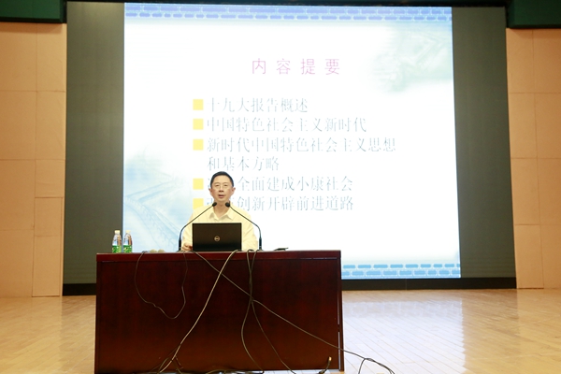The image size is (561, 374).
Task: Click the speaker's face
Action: coord(222,188)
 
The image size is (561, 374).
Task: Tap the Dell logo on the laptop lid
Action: coord(217,237)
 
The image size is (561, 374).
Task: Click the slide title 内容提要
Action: coord(295,66)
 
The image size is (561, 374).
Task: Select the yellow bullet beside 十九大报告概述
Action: coord(198,105)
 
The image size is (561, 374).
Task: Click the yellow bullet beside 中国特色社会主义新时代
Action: coord(198,124)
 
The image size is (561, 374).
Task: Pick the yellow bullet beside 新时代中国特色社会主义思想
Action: coord(198,145)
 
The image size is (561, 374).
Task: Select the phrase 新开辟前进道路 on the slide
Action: coord(304,203)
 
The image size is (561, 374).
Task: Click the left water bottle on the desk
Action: coord(117,241)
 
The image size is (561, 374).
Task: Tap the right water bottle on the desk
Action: coord(127,242)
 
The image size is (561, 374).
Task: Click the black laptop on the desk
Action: coord(217,237)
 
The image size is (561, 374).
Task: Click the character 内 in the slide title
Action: coord(259,66)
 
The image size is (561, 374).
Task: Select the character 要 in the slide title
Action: coord(333,66)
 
